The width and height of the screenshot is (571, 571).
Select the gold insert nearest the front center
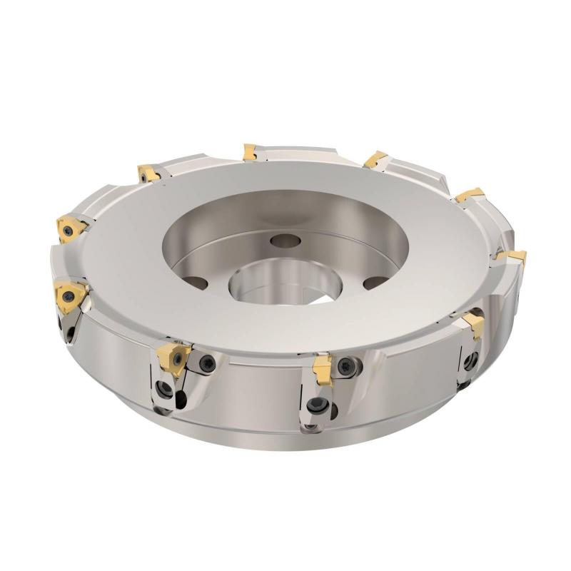(320, 367)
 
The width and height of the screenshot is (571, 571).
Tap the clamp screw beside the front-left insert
(205, 361)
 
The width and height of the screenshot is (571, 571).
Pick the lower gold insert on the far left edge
(70, 292)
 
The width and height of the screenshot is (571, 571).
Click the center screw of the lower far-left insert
(69, 292)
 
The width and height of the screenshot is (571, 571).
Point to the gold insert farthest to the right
(514, 256)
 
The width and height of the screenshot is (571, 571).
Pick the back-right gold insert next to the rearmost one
(375, 158)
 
